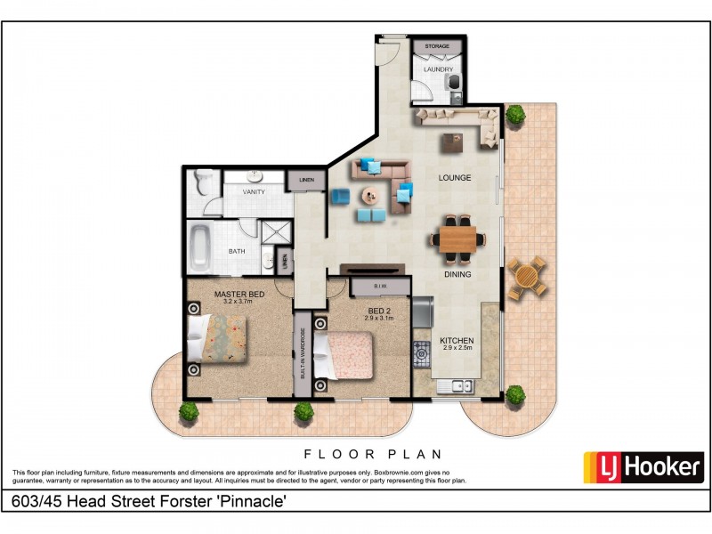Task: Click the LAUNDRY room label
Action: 437,69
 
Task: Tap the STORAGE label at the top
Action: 436,45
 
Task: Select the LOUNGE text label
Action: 454,178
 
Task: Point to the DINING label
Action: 458,274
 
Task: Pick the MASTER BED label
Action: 239,295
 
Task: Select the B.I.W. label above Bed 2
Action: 379,287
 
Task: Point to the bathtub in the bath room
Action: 200,250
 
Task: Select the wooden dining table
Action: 457,238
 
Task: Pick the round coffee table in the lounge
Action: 368,196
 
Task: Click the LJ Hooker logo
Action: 643,467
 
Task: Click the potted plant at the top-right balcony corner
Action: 515,114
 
